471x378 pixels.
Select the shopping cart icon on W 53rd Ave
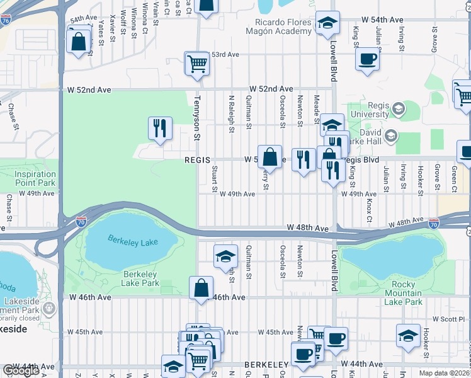(x=197, y=63)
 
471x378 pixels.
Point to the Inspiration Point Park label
(x=35, y=178)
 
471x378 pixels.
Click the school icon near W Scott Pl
(x=408, y=335)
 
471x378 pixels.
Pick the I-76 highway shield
(x=5, y=20)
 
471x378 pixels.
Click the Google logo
(x=21, y=371)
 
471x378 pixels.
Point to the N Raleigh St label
(x=232, y=114)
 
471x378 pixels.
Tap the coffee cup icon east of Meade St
(x=367, y=59)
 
